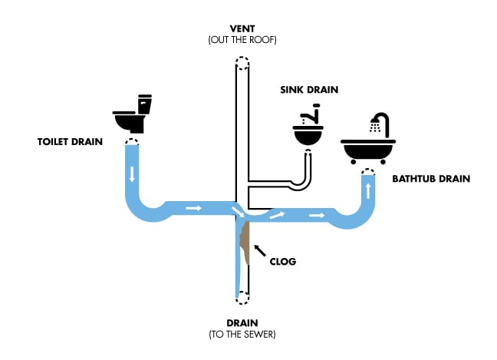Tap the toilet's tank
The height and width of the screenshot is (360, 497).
tap(145, 104)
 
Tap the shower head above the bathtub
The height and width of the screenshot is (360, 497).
tap(376, 122)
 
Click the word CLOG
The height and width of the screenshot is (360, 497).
tap(283, 261)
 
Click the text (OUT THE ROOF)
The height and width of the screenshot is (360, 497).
tap(242, 39)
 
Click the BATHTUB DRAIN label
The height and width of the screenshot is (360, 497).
tap(430, 180)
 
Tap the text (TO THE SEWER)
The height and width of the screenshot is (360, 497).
tap(242, 335)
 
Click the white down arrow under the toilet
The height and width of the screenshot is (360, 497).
tap(133, 175)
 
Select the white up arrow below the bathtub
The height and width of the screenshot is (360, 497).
tap(370, 190)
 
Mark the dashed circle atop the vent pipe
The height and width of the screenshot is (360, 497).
tap(242, 63)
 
